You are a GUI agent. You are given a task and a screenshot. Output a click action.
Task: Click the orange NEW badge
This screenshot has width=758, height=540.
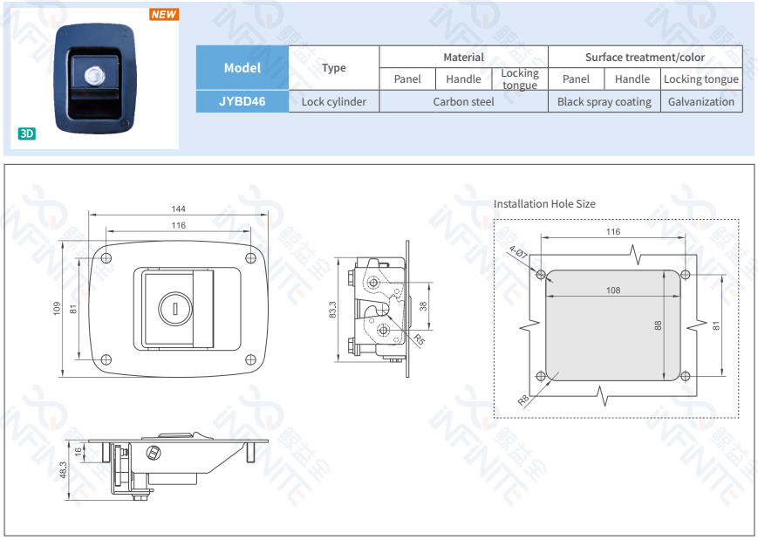[x=163, y=14]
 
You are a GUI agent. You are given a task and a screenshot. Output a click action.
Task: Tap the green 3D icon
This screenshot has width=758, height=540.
[x=27, y=133]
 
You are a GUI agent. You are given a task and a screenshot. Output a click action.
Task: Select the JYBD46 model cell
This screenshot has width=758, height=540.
[x=242, y=101]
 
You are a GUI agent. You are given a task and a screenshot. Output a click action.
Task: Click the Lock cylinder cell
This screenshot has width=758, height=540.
[x=333, y=101]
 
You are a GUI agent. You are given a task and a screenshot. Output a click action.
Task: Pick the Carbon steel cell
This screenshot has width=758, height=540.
[x=463, y=101]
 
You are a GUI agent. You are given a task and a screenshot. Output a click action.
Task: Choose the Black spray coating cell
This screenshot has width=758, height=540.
[x=604, y=101]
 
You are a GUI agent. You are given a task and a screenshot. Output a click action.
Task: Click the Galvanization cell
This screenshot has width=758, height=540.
[x=701, y=101]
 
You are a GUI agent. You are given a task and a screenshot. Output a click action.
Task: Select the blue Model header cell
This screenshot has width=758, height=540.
[x=242, y=67]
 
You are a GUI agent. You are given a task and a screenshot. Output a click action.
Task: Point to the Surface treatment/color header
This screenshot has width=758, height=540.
[x=645, y=57]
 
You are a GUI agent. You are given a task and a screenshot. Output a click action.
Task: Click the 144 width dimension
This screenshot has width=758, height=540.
[x=178, y=209]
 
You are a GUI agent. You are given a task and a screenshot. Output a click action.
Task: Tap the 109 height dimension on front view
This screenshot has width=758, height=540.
[x=57, y=308]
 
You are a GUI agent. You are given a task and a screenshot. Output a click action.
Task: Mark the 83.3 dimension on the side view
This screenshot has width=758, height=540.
[x=332, y=309]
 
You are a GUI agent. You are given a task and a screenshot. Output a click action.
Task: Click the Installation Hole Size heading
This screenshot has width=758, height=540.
[x=544, y=203]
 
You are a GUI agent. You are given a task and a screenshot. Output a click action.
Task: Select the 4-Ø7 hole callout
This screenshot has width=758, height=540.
[x=519, y=254]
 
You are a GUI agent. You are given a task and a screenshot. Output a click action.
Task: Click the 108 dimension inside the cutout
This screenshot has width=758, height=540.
[x=613, y=291]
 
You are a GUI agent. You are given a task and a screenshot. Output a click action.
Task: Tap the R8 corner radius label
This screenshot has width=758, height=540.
[x=523, y=400]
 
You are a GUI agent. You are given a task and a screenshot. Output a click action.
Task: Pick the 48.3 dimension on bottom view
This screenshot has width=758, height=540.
[x=63, y=469]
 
